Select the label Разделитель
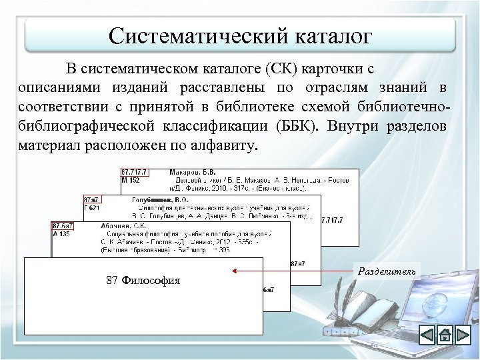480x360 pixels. click(387, 271)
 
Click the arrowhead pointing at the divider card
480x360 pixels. click(236, 271)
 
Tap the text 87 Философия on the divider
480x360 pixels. click(143, 280)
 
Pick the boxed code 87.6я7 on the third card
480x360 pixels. click(63, 227)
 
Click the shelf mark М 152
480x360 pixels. click(131, 179)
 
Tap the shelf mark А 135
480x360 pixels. click(61, 235)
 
